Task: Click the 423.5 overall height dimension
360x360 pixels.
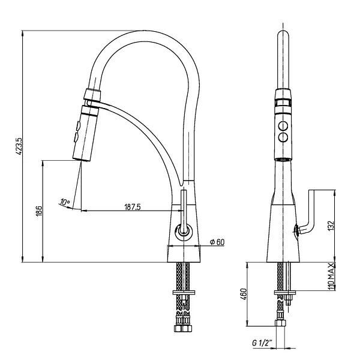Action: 19,146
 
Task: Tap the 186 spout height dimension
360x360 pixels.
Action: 39,211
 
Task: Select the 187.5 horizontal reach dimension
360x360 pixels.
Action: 133,207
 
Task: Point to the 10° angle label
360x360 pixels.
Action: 65,202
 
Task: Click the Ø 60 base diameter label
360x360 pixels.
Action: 217,242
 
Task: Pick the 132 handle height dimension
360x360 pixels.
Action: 331,226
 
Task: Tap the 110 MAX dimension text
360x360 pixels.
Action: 331,276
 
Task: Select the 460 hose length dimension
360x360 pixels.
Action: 244,294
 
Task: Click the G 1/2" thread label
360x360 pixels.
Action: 262,343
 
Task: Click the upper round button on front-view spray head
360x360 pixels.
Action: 283,126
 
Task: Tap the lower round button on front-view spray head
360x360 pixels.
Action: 283,137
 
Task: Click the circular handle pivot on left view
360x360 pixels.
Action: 184,232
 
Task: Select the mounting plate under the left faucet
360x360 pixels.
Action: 184,292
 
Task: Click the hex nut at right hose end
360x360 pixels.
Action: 281,323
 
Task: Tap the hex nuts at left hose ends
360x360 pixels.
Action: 183,328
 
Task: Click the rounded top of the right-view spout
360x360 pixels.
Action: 283,34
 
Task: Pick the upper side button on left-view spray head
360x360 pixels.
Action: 78,126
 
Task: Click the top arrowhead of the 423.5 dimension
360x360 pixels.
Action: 22,34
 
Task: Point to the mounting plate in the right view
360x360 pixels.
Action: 285,293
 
